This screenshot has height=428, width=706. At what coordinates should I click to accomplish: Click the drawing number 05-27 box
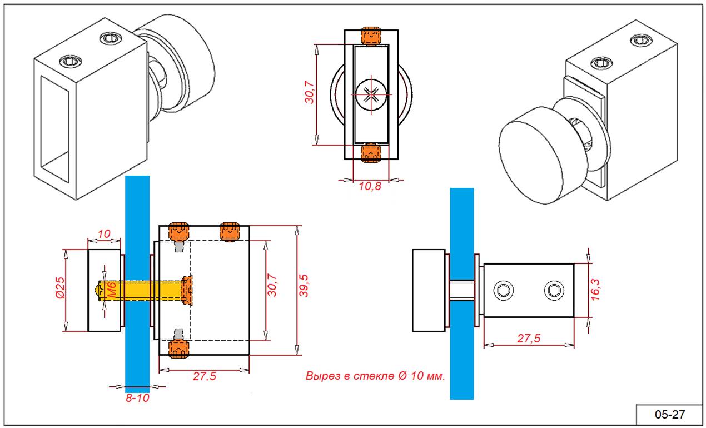pos(669,415)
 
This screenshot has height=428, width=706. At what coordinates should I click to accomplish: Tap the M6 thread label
pos(110,290)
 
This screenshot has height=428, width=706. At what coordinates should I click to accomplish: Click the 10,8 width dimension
pos(370,186)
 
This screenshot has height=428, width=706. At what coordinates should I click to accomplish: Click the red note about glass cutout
pos(375,376)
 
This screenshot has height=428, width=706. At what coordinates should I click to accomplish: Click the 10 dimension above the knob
pos(104,234)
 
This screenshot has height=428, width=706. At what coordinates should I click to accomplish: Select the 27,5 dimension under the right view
pos(529,339)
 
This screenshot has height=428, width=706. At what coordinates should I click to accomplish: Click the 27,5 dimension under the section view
pos(205,376)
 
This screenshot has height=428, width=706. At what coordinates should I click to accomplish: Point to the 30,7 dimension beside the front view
pos(310,92)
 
